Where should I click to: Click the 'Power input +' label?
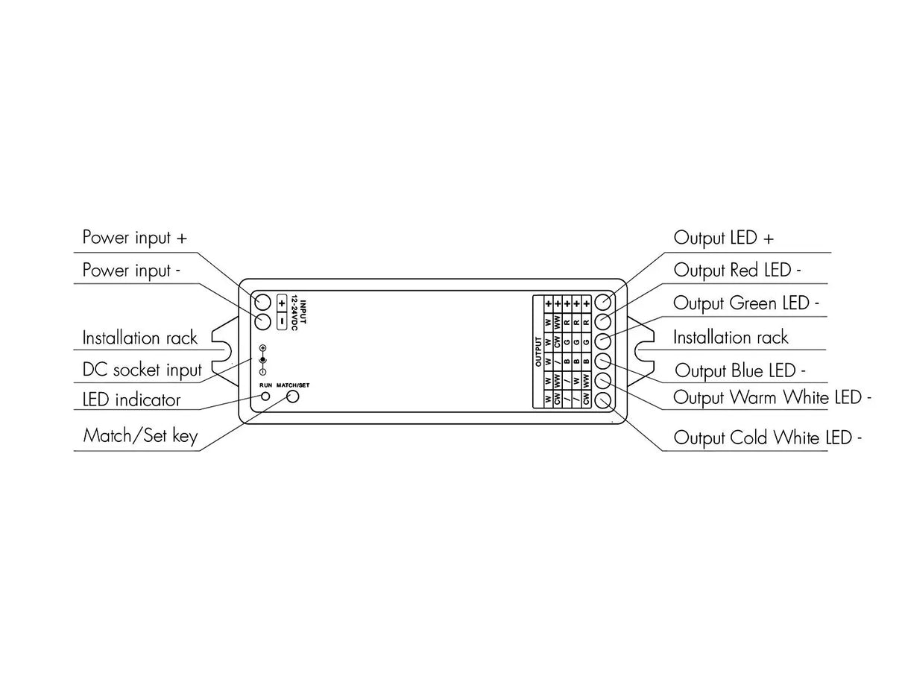[135, 238]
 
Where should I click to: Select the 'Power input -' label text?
[130, 270]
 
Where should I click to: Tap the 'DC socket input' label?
[142, 370]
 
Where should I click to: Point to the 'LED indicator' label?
[131, 400]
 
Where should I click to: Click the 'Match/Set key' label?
[140, 435]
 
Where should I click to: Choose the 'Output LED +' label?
[724, 238]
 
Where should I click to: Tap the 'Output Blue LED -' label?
[740, 370]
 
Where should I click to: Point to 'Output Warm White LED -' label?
[772, 397]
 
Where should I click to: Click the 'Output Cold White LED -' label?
[768, 438]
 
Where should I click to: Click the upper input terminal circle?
[262, 302]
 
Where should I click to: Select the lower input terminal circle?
[262, 322]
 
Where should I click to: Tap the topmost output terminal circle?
[604, 303]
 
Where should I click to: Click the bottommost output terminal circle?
[604, 400]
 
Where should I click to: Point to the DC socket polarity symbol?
[262, 360]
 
